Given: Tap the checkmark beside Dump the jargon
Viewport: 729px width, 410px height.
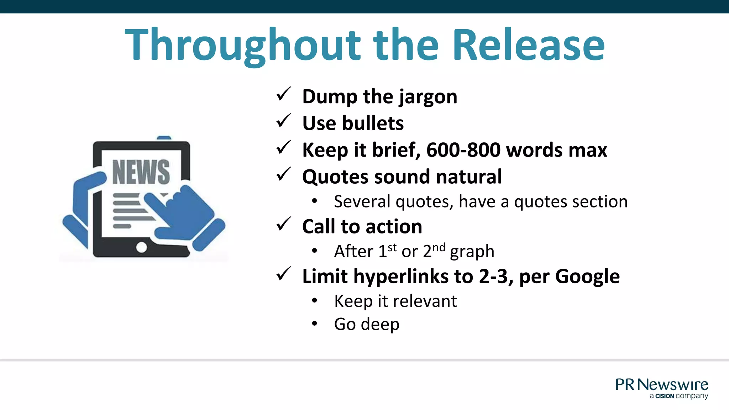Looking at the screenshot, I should [x=284, y=94].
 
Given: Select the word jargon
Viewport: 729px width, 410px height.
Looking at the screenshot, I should [x=428, y=97].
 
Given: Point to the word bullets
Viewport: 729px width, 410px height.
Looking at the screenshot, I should [x=373, y=123].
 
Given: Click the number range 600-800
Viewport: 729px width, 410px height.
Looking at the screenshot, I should [x=463, y=150].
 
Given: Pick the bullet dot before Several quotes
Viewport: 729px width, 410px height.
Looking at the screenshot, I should [x=314, y=201].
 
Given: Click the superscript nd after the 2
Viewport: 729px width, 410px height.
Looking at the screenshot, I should [x=439, y=247].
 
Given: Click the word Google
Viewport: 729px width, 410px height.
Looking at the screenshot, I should [x=587, y=277].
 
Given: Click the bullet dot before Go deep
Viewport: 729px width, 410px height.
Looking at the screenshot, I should [x=314, y=324].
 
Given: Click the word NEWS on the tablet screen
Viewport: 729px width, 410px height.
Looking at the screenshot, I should [x=141, y=172].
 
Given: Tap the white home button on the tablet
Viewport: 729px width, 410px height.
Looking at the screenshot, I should [x=142, y=247].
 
